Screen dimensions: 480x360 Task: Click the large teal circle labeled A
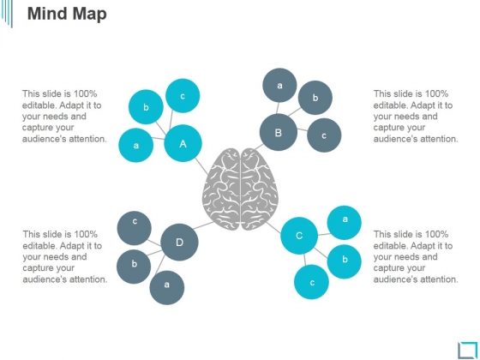183,143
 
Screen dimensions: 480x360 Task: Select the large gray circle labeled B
279,132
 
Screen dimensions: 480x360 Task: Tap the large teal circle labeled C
299,236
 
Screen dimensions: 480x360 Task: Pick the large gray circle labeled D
179,242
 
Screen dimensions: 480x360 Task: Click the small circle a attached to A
136,145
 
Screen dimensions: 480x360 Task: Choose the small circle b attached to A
146,107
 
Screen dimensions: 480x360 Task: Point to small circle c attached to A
183,96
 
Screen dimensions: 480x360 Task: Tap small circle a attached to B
279,85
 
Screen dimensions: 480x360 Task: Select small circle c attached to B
324,135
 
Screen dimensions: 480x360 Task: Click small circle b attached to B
315,98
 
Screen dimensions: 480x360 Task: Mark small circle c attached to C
312,282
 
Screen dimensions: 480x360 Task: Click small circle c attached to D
135,228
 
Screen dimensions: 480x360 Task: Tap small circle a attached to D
167,287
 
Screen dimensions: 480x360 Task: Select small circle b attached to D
134,267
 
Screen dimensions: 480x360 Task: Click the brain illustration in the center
240,189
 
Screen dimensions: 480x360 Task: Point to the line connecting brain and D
204,225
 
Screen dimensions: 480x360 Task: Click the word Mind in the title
46,14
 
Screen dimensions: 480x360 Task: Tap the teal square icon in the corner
467,350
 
